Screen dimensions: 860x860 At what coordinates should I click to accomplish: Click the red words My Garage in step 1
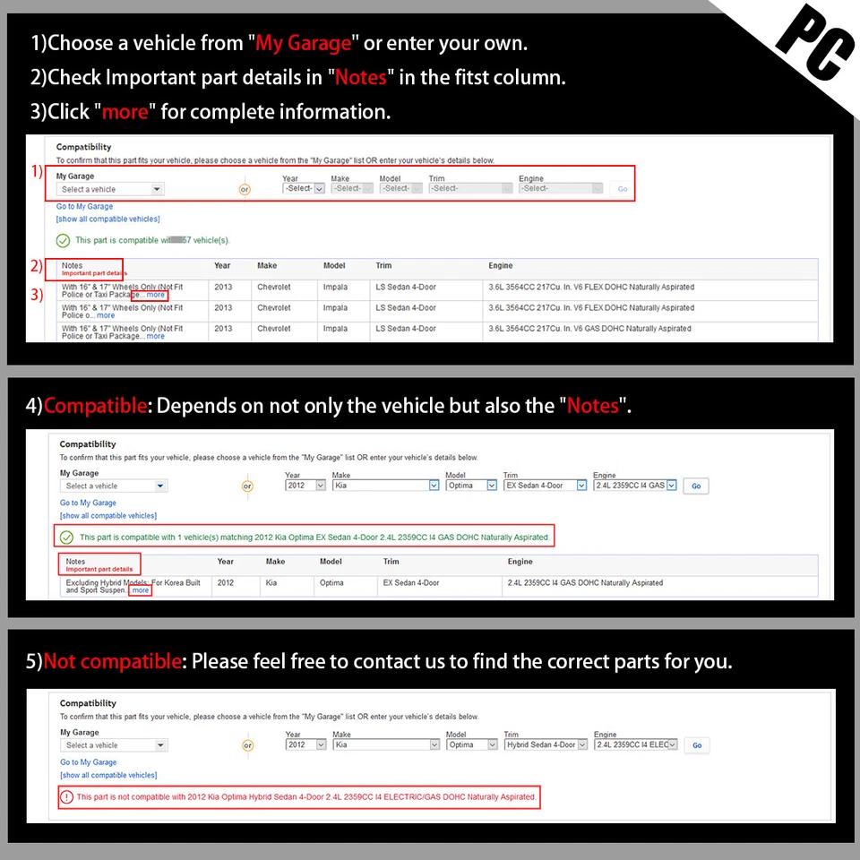pos(303,43)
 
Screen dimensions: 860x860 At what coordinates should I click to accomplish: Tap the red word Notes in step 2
pos(360,77)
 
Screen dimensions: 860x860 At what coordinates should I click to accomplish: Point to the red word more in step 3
pos(125,112)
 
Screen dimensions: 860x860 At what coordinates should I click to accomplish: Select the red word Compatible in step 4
pos(95,406)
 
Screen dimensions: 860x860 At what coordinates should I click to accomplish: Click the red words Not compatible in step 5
pos(113,662)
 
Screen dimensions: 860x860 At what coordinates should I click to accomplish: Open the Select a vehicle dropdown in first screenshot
pos(110,189)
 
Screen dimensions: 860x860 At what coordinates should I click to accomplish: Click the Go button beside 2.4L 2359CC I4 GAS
pos(696,486)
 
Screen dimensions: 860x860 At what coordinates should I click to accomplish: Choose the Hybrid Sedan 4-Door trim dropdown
pos(546,744)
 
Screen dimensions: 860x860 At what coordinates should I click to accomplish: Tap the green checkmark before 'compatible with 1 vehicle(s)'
pos(66,537)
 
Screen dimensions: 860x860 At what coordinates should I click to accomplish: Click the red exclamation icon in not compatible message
pos(67,796)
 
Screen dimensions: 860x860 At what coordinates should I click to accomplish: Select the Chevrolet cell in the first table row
pos(274,288)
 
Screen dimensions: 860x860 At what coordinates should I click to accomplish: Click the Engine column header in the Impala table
pos(501,266)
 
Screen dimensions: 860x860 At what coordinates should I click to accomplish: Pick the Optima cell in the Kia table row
pos(331,583)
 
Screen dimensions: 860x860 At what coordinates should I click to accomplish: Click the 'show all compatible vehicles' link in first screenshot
pos(107,219)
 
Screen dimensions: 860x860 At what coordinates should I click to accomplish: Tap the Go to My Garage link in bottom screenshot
pos(88,762)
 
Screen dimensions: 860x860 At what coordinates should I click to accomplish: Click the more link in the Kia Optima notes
pos(140,591)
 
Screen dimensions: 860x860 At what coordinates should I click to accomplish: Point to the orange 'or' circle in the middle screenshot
pos(247,486)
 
